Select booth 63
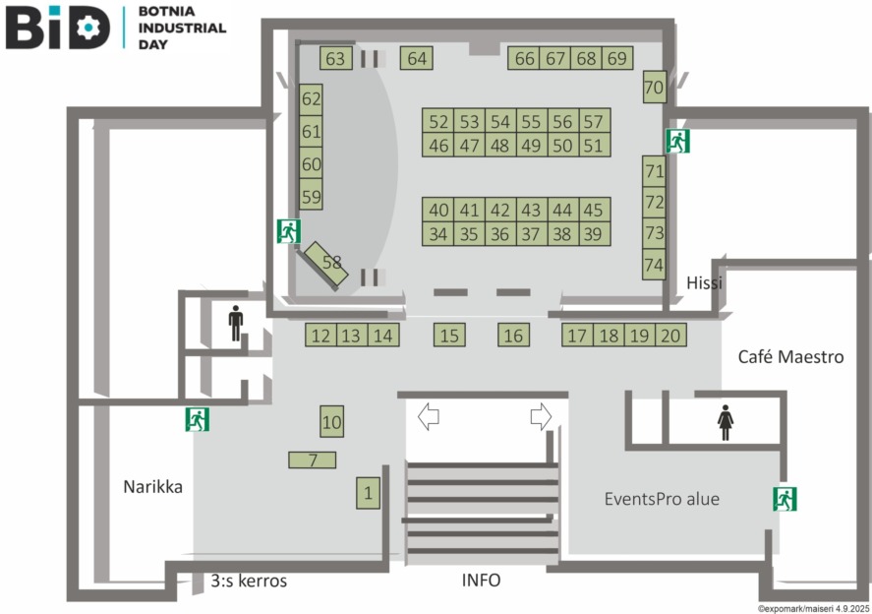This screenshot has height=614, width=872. coord(336,59)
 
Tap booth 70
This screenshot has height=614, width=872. coord(654,88)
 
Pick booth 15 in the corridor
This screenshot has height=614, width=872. coord(449,336)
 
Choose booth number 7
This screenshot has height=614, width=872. coord(313,460)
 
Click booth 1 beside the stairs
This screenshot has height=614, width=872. coord(368,492)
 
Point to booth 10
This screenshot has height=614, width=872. coord(332,422)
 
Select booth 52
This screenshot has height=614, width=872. coord(438,122)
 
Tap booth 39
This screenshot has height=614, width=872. coord(592,234)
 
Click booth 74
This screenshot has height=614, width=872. coord(654,265)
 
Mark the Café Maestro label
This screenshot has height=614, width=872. coord(790,357)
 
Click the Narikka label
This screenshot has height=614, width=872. coord(152,486)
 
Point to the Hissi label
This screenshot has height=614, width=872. coord(705,283)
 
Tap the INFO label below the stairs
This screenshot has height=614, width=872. coord(481,581)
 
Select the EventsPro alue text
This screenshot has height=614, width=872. coord(661,499)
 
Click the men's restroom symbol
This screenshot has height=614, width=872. coord(235,325)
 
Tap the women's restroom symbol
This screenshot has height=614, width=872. coord(726,423)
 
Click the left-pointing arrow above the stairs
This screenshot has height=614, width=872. coord(428,416)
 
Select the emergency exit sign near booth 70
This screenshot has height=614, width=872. coord(677,141)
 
